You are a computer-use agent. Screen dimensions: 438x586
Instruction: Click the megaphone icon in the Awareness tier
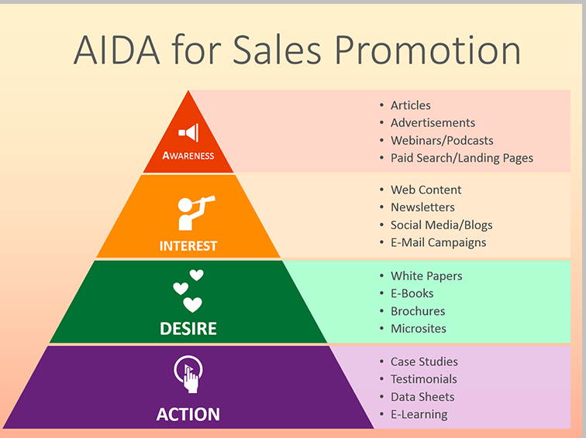pos(188,132)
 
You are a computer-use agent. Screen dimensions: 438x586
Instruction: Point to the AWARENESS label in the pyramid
pos(188,156)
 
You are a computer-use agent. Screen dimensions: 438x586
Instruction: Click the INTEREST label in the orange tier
pos(188,246)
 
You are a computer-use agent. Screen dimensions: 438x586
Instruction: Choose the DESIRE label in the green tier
pos(188,329)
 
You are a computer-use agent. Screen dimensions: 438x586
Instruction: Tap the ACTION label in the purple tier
pos(188,414)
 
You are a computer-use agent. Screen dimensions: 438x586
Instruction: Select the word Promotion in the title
pos(427,50)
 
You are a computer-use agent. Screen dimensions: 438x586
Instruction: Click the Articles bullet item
pos(410,105)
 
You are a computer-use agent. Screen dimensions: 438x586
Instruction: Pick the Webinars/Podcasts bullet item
pos(442,141)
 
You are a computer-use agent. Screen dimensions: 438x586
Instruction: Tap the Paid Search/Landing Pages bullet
pos(461,158)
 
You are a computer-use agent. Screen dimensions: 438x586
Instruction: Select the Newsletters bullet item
pos(422,207)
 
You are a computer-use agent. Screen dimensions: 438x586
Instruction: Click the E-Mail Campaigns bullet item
pos(438,242)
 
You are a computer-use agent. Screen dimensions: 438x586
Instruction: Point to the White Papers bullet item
pos(426,276)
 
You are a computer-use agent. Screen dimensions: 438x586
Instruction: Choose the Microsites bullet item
pos(419,328)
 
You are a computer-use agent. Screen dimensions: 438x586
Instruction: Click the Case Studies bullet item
pos(424,361)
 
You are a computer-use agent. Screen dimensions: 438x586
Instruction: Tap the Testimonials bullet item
pos(423,379)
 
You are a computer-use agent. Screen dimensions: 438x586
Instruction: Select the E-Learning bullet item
pos(419,414)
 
